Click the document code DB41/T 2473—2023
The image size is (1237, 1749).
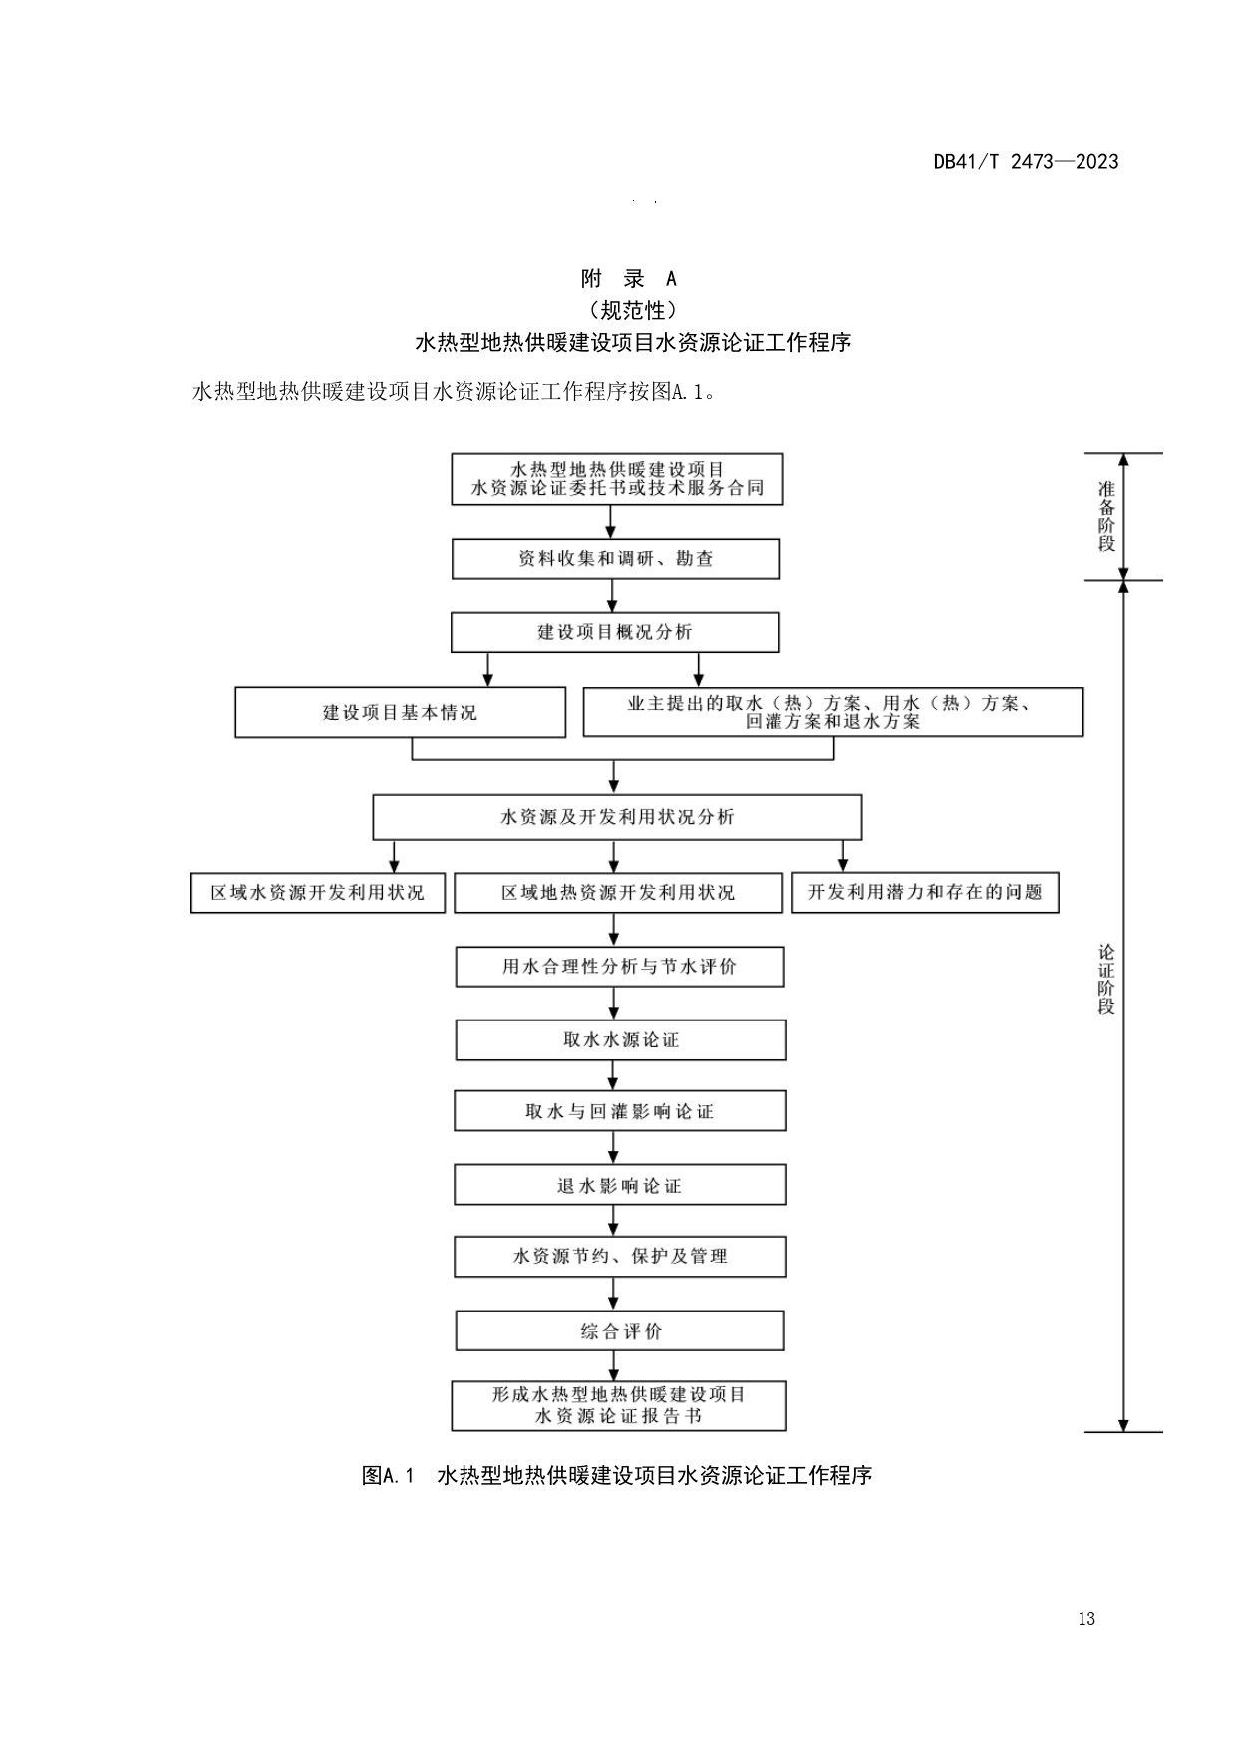pyautogui.click(x=1026, y=162)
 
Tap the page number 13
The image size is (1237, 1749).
pyautogui.click(x=1086, y=1619)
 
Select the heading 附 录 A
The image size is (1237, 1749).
pyautogui.click(x=628, y=279)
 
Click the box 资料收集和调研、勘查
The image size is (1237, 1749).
pyautogui.click(x=616, y=559)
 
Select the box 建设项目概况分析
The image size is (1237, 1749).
pyautogui.click(x=615, y=632)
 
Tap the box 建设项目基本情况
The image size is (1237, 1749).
pyautogui.click(x=400, y=713)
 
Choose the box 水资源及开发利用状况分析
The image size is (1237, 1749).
pyautogui.click(x=617, y=817)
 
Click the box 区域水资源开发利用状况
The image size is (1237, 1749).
pyautogui.click(x=317, y=893)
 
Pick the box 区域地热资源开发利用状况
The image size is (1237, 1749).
pyautogui.click(x=618, y=893)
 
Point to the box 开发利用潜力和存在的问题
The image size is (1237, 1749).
pyautogui.click(x=925, y=892)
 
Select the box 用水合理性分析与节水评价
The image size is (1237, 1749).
pyautogui.click(x=620, y=967)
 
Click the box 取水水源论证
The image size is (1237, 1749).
pyautogui.click(x=621, y=1040)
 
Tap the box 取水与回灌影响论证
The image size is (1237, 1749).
pyautogui.click(x=620, y=1111)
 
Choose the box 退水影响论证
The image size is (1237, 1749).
pyautogui.click(x=620, y=1186)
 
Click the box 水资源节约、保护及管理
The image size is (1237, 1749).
pyautogui.click(x=620, y=1257)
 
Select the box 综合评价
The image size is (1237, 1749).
pyautogui.click(x=620, y=1331)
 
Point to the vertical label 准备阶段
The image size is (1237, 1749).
pyautogui.click(x=1106, y=516)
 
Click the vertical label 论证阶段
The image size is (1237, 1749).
pyautogui.click(x=1106, y=979)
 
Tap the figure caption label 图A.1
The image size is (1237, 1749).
pyautogui.click(x=388, y=1475)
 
